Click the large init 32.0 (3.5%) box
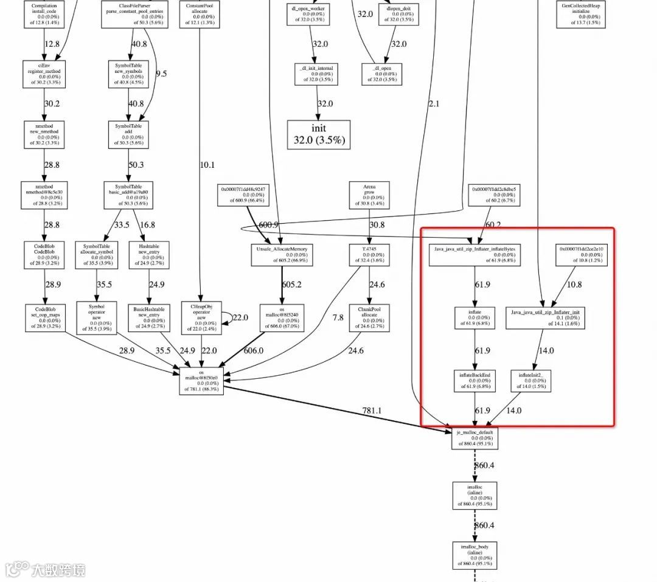[x=319, y=134]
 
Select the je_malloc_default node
[x=474, y=438]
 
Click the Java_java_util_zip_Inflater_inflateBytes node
[x=474, y=255]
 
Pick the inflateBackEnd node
[x=474, y=381]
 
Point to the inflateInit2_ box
[x=530, y=381]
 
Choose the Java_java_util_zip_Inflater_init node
[x=546, y=318]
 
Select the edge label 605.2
[x=291, y=285]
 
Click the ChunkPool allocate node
[x=369, y=318]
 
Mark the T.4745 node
[x=369, y=255]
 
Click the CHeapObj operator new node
[x=200, y=318]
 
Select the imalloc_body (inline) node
[x=474, y=556]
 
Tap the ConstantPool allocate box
[x=200, y=14]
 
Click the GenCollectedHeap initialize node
[x=578, y=14]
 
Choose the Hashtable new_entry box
[x=149, y=255]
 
